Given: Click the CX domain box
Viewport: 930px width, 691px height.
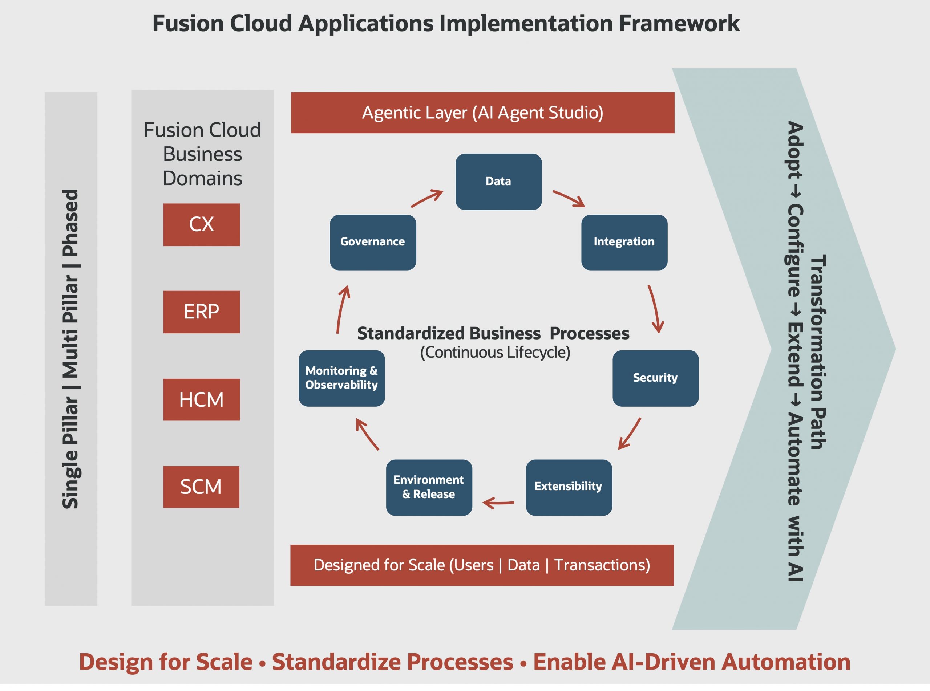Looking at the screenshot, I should (x=201, y=225).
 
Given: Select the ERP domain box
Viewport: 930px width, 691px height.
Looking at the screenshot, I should (x=201, y=312).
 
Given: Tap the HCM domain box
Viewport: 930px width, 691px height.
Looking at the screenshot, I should (x=201, y=400).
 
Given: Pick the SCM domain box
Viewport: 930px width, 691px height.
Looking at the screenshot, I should (x=201, y=487).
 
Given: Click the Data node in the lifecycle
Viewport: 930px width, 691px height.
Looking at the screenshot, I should (x=498, y=182).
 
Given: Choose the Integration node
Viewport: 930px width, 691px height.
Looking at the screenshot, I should (x=624, y=242).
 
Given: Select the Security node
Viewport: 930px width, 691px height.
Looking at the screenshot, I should (x=655, y=378).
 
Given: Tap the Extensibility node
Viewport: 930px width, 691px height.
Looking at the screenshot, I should (x=569, y=487).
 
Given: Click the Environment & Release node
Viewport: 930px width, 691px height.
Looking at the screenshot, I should (x=429, y=487).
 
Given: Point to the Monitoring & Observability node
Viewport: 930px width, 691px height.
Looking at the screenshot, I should (x=341, y=378).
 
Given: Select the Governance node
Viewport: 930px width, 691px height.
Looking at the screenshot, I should (x=373, y=242).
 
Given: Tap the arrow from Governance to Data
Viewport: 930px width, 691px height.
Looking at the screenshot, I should (x=427, y=198).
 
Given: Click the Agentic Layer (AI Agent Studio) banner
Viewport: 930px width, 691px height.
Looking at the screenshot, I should (x=482, y=113).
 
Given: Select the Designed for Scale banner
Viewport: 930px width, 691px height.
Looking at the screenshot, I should (x=481, y=565).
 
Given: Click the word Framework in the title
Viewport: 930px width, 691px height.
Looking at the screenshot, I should (x=679, y=24).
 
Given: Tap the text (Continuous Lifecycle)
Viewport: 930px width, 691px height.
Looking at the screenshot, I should (x=495, y=353).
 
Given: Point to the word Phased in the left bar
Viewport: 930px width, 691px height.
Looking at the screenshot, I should (x=70, y=223).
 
